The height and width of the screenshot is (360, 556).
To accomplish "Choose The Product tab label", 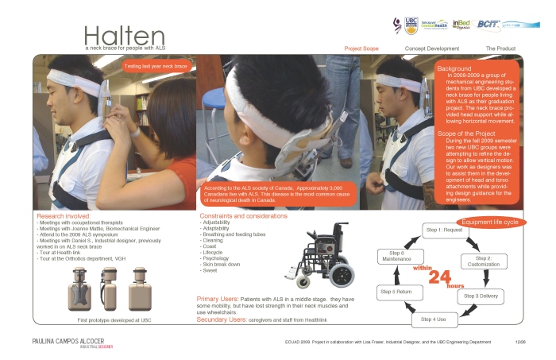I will [x=500, y=49].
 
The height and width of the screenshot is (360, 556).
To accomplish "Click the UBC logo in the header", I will [x=411, y=25].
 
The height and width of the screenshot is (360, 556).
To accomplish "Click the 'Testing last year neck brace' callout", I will [x=156, y=67].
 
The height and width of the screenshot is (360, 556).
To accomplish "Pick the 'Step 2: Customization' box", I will [x=488, y=261].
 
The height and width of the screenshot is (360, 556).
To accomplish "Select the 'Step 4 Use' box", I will [x=434, y=319].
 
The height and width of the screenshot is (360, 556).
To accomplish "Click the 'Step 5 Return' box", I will [x=396, y=292].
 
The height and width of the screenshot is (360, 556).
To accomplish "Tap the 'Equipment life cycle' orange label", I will [x=490, y=222].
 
